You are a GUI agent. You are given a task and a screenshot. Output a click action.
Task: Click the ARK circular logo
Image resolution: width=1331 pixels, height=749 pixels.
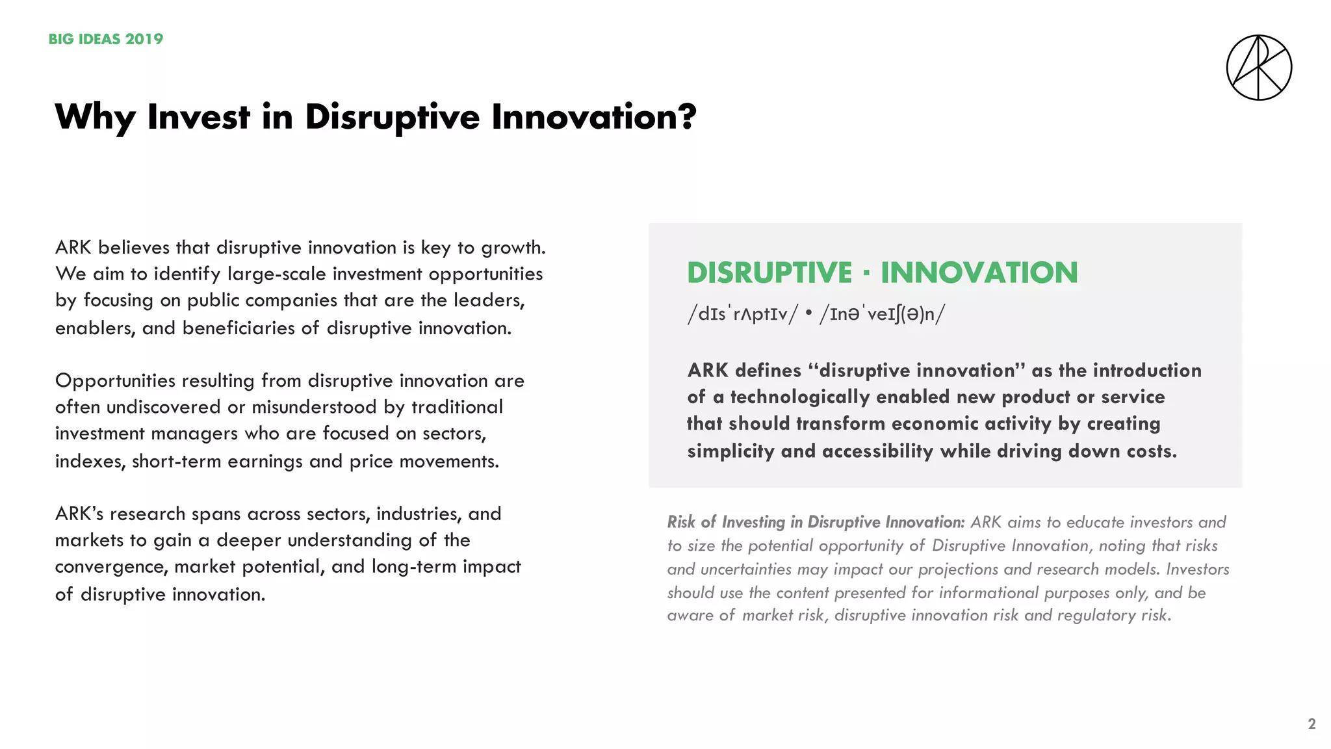tap(1259, 68)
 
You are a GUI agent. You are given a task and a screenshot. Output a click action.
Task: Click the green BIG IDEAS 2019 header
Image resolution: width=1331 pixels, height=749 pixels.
tap(106, 39)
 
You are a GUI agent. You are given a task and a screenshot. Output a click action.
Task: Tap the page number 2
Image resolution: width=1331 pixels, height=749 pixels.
tap(1312, 724)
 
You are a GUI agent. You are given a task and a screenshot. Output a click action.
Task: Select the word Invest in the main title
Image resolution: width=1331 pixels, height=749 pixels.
tap(198, 117)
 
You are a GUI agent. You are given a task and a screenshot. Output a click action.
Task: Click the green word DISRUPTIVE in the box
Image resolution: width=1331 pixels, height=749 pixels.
tap(769, 272)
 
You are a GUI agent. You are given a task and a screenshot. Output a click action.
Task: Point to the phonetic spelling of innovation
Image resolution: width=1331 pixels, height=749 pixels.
tap(882, 314)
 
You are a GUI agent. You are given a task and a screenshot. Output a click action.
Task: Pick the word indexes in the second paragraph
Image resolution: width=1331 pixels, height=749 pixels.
tap(89, 461)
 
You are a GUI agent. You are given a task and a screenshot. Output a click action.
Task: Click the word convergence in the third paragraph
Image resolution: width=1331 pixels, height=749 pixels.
tap(111, 567)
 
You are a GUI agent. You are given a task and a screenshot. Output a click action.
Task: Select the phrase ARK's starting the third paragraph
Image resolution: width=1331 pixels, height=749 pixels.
tap(79, 514)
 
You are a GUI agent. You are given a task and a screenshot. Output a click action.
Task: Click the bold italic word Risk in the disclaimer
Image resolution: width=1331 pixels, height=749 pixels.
tap(681, 522)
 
